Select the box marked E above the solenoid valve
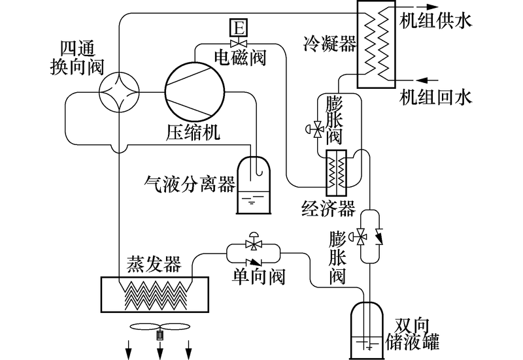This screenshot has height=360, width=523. [239, 28]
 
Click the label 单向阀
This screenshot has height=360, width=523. [258, 277]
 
